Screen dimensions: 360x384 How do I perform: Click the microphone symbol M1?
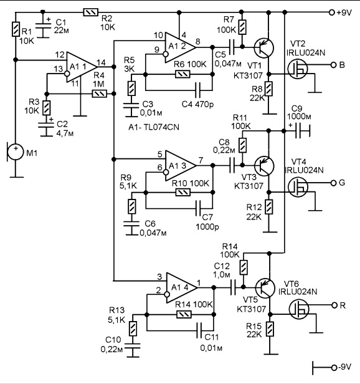(x=15, y=152)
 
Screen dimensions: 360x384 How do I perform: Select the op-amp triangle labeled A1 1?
(x=81, y=67)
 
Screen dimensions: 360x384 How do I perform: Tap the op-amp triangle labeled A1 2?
(x=180, y=47)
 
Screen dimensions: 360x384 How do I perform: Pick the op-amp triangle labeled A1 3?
(x=180, y=166)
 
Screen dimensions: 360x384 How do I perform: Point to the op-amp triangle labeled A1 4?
(x=181, y=287)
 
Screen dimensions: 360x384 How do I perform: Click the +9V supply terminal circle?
(x=331, y=12)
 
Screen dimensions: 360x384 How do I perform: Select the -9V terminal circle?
(x=334, y=367)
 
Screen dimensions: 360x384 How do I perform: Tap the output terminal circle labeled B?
(x=333, y=65)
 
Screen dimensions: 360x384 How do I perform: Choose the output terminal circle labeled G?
(x=333, y=183)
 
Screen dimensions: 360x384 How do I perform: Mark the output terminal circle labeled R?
(x=334, y=305)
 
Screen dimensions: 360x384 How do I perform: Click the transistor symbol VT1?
(x=263, y=48)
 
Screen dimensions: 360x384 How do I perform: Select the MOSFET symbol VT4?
(x=298, y=187)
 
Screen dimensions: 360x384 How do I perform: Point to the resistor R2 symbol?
(x=90, y=12)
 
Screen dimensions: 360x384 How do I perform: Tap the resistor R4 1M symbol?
(x=100, y=94)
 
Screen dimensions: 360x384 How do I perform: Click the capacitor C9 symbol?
(x=300, y=131)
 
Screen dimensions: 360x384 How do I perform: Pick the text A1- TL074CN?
(x=154, y=127)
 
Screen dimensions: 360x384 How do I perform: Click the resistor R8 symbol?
(x=268, y=89)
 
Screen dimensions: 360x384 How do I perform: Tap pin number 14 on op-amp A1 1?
(x=101, y=62)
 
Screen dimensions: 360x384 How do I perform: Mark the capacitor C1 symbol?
(x=43, y=27)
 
